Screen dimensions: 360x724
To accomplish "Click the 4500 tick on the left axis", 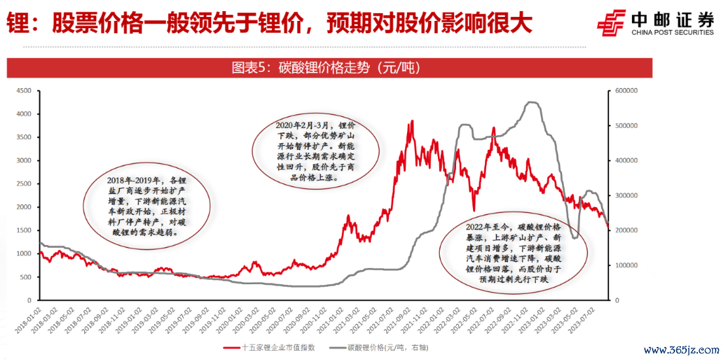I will [x=23, y=91].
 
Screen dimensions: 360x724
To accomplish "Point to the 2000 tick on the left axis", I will [x=23, y=207].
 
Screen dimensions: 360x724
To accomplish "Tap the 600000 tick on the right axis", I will [x=627, y=91].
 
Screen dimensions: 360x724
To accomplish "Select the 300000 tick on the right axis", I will [x=627, y=195].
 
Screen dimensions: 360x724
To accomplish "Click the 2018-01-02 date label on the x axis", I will [x=31, y=319].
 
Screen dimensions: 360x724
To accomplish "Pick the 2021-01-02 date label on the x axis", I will [x=337, y=319].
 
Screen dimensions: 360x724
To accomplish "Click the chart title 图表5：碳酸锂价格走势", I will [x=325, y=68].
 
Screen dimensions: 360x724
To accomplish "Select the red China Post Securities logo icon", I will [x=612, y=25].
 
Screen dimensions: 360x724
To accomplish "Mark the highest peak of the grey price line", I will [x=533, y=102].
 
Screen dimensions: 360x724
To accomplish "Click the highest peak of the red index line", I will [x=412, y=121].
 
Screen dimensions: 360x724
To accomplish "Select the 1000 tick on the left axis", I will [x=23, y=254].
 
